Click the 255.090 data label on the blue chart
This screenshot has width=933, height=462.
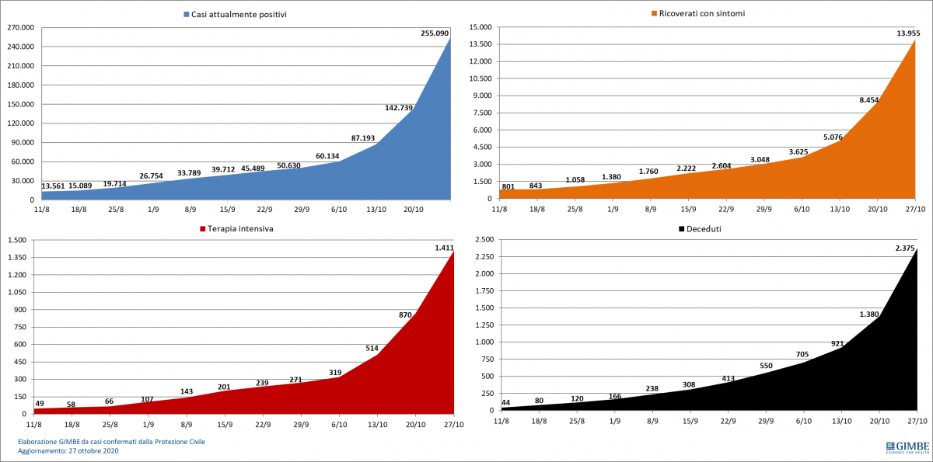pyautogui.click(x=435, y=33)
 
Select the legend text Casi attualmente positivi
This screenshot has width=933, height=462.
pyautogui.click(x=239, y=14)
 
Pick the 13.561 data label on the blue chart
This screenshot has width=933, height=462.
pyautogui.click(x=54, y=186)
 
